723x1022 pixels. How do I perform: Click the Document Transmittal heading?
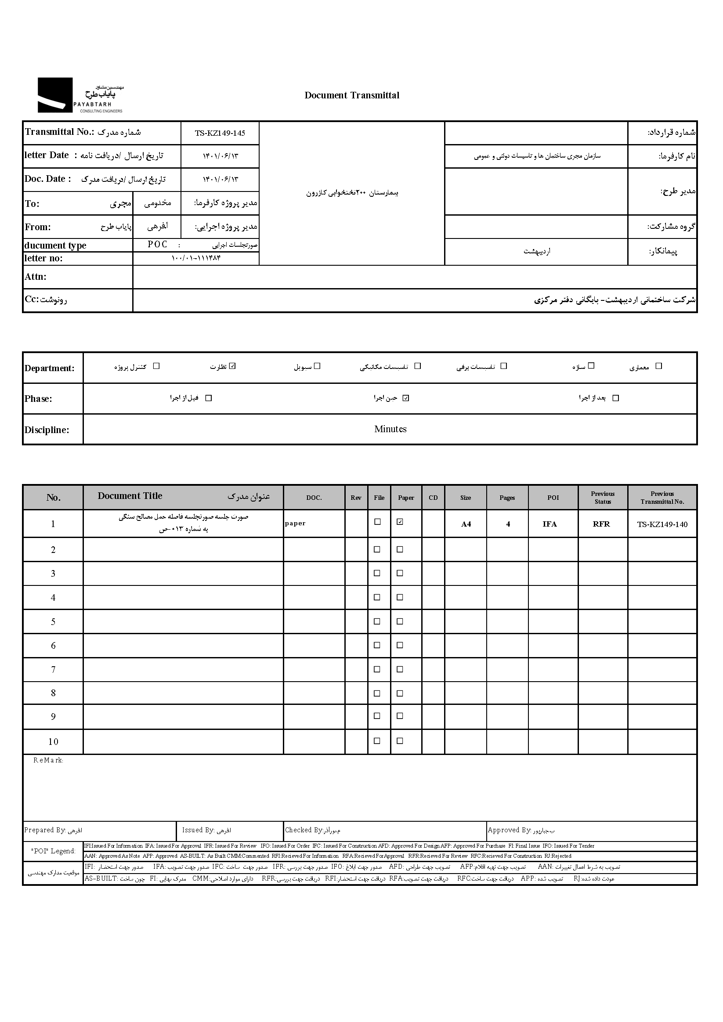[352, 95]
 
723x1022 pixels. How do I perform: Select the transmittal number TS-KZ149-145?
[220, 133]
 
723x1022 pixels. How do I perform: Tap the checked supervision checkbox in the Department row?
[232, 366]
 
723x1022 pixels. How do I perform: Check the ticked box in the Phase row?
[405, 398]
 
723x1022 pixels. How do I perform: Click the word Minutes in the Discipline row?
[390, 429]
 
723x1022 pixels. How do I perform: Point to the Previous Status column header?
[602, 498]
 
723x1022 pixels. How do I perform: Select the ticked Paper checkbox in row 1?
[400, 522]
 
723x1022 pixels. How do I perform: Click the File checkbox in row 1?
[377, 522]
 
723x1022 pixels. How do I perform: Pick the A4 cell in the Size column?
[466, 524]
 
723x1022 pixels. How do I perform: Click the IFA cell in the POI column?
[549, 524]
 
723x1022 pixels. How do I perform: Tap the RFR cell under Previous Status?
[601, 524]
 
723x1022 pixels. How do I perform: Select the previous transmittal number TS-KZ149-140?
[662, 524]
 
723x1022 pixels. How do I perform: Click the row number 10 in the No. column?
[53, 741]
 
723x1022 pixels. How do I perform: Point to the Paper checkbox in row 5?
[400, 621]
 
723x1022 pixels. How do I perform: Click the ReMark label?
[48, 760]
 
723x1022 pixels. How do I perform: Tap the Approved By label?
[509, 830]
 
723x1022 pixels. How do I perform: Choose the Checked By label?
[304, 830]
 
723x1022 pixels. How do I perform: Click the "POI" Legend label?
[54, 851]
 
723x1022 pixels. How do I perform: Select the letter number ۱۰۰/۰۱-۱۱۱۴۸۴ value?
[196, 258]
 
